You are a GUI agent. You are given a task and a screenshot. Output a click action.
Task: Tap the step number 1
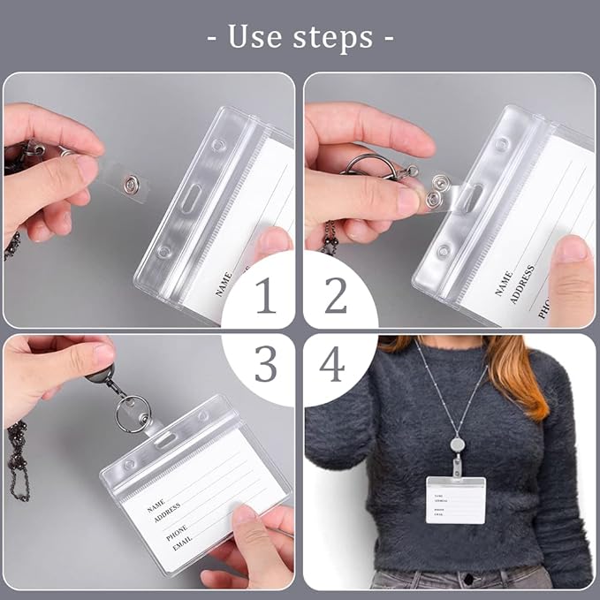coord(266,297)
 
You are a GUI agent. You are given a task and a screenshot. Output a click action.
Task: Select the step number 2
coord(335,297)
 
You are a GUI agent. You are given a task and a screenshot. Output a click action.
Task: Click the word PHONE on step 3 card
coord(176,527)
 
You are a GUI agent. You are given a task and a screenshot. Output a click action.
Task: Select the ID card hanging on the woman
coord(456,499)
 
